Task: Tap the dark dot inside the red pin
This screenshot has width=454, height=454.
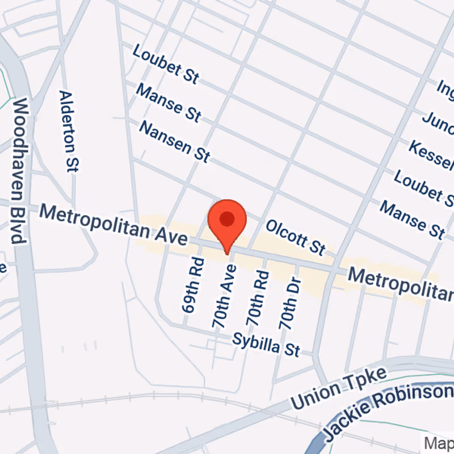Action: (227, 218)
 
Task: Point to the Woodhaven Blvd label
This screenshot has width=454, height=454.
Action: (20, 170)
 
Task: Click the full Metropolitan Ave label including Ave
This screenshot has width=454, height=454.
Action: (113, 225)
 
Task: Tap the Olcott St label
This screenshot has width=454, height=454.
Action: (296, 237)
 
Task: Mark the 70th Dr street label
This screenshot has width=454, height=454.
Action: (288, 305)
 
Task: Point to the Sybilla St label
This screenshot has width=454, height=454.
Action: (266, 343)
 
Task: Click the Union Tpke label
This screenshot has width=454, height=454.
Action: (338, 389)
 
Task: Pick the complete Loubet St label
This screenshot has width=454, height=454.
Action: (166, 64)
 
